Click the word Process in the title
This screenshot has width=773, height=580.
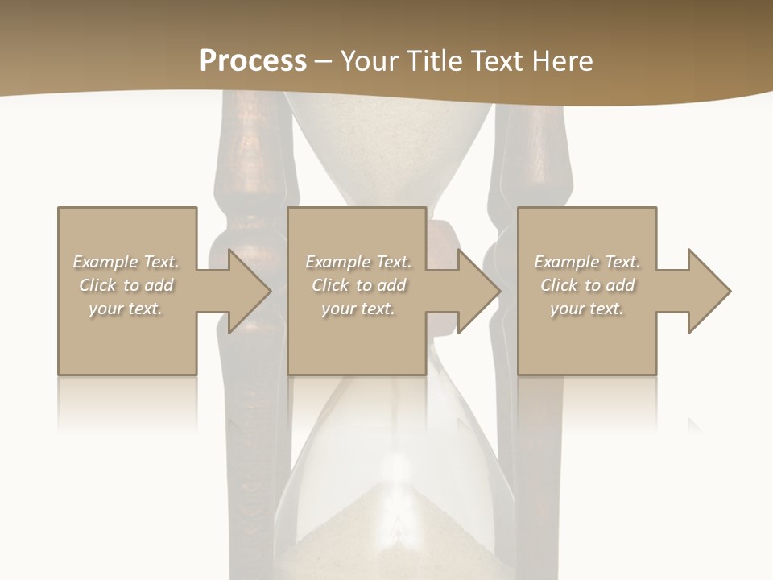[253, 61]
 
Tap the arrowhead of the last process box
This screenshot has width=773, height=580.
[708, 291]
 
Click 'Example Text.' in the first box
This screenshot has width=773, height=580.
[126, 262]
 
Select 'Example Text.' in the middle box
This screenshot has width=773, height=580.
[358, 262]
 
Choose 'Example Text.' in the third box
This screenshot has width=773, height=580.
[587, 262]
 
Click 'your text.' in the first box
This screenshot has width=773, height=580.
[126, 309]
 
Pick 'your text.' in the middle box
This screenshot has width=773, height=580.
[358, 309]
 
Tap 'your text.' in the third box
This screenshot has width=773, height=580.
[587, 309]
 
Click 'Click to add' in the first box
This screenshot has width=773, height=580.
[126, 285]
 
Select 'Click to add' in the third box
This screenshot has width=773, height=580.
[587, 285]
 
